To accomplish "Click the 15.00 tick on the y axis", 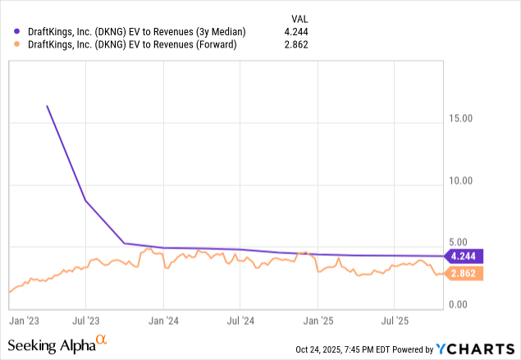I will [464, 118].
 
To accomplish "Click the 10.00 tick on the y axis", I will [464, 180].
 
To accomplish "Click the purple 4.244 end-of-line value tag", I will [464, 256].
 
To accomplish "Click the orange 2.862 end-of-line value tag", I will [464, 273].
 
